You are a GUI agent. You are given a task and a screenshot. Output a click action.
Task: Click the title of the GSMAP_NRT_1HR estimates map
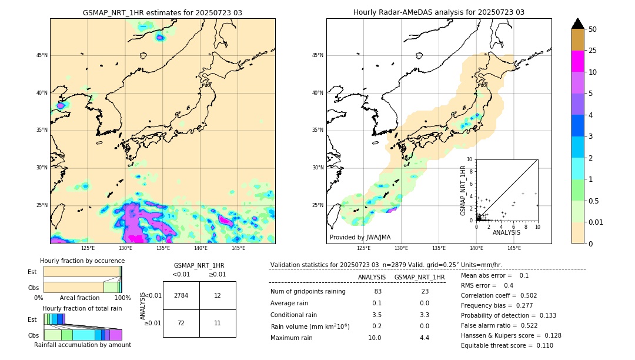pyautogui.click(x=162, y=12)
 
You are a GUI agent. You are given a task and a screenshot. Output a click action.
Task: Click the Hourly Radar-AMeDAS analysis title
pyautogui.click(x=439, y=12)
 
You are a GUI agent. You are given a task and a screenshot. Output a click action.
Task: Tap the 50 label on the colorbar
pyautogui.click(x=593, y=29)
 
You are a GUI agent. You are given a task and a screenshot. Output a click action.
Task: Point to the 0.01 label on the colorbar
pyautogui.click(x=596, y=222)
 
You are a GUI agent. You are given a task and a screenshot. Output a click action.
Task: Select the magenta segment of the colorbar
pyautogui.click(x=578, y=61)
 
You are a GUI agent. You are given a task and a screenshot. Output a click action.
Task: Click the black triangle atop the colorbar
pyautogui.click(x=578, y=24)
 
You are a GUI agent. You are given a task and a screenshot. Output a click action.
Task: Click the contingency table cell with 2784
pyautogui.click(x=181, y=295)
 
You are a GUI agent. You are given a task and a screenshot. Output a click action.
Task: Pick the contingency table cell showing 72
pyautogui.click(x=181, y=323)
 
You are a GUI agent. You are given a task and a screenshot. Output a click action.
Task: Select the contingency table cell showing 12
pyautogui.click(x=218, y=295)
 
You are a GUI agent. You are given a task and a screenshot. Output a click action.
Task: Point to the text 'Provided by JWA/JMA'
pyautogui.click(x=360, y=237)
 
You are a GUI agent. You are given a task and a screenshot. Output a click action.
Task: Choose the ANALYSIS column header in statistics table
pyautogui.click(x=372, y=277)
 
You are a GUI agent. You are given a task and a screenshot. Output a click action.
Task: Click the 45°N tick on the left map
pyautogui.click(x=42, y=55)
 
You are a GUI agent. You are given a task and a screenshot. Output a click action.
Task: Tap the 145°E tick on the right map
pyautogui.click(x=514, y=248)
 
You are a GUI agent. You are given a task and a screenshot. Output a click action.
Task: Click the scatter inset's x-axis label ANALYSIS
pyautogui.click(x=506, y=232)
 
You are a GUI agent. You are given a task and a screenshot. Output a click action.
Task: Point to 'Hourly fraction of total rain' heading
pyautogui.click(x=82, y=309)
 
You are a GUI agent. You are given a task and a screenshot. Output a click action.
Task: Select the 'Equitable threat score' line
pyautogui.click(x=507, y=345)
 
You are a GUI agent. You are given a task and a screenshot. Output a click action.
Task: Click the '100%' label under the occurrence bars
pyautogui.click(x=122, y=298)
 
